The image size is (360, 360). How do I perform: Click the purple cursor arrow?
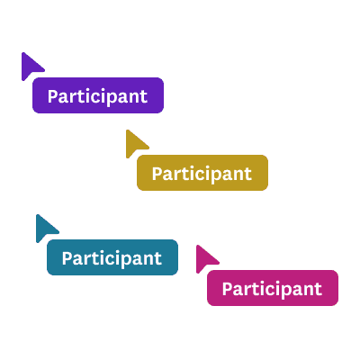[30, 66]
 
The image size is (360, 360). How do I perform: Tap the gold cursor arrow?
[134, 143]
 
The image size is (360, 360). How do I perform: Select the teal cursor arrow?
[44, 228]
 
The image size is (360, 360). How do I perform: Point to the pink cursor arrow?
[204, 258]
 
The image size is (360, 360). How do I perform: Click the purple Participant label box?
[98, 95]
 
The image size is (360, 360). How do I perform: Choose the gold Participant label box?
[202, 173]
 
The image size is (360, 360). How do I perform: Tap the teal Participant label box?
[112, 257]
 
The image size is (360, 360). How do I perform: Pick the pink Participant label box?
[273, 288]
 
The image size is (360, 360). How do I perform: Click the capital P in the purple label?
[53, 96]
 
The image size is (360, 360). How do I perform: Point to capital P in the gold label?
[157, 174]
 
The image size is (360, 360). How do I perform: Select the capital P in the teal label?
[67, 258]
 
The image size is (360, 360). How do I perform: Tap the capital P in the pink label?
[228, 289]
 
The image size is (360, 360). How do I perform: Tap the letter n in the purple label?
[134, 98]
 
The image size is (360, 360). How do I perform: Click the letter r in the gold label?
[180, 175]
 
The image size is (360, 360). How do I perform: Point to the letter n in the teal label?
[148, 260]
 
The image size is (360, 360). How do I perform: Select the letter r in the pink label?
[250, 291]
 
